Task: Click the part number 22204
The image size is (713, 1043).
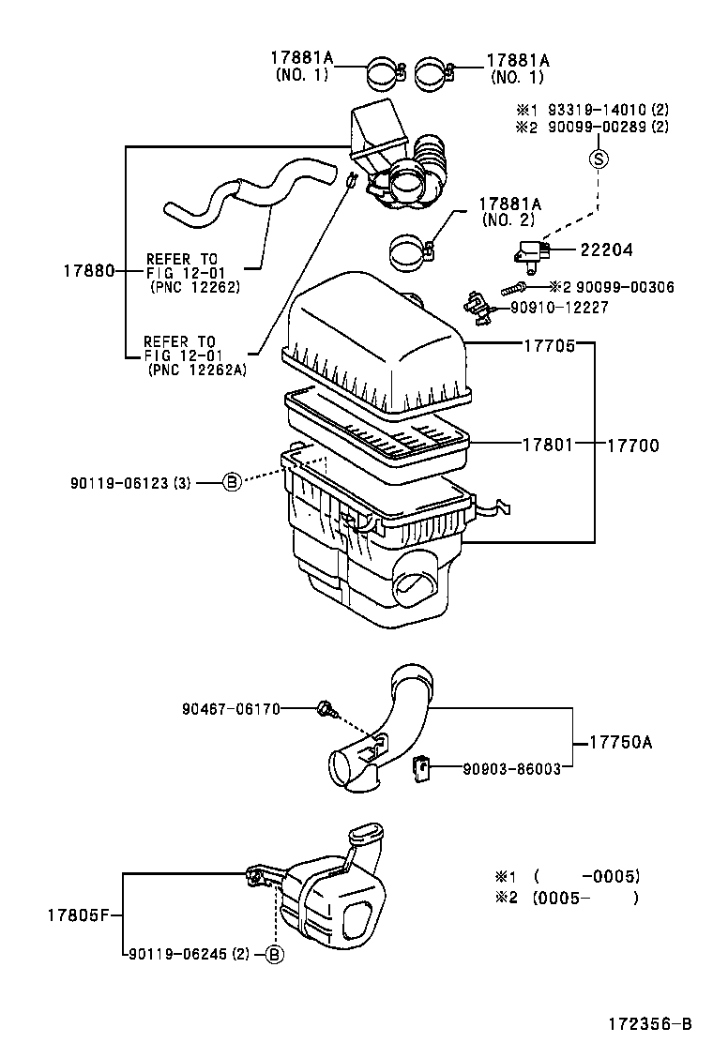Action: (x=605, y=250)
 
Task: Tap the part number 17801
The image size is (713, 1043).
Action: (x=548, y=445)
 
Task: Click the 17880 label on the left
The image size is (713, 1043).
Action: (x=88, y=270)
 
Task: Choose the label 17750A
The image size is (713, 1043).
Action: (x=620, y=742)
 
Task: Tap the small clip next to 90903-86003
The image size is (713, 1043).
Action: (x=421, y=769)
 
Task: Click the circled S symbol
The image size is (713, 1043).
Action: (x=599, y=159)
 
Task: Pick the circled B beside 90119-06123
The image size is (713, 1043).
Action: (x=231, y=482)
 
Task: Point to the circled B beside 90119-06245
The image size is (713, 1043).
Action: (x=273, y=954)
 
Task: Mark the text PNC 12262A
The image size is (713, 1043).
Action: (x=196, y=370)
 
